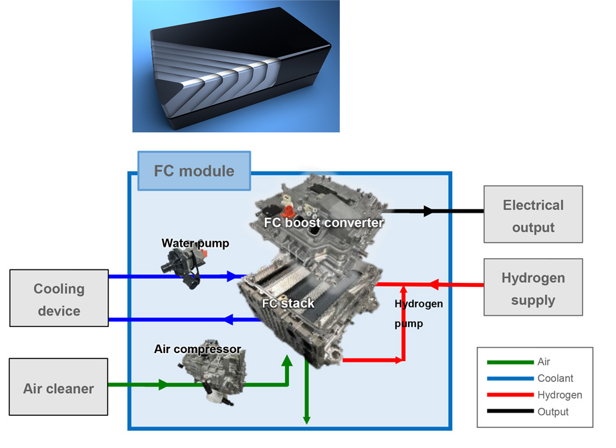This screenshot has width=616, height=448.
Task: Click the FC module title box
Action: pos(194,171)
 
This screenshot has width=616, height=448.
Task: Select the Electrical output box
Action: pos(533,215)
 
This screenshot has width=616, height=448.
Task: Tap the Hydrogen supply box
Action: pos(533,288)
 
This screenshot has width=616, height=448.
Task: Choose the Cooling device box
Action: pos(59,299)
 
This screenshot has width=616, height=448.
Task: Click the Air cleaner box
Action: pos(59,388)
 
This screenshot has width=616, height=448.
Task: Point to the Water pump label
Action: pos(195,243)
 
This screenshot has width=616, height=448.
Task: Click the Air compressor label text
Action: pos(197,349)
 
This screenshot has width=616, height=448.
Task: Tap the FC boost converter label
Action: pos(324,222)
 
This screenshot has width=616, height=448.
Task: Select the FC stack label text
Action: pos(288,303)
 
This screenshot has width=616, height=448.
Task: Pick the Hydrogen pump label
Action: pos(418,314)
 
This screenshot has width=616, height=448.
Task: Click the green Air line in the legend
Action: pos(510,362)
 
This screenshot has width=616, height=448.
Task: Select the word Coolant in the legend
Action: pos(555,378)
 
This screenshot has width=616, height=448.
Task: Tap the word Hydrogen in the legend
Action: pos(559,395)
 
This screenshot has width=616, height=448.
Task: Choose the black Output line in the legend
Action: pos(510,412)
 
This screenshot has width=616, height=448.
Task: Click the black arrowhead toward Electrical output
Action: pos(428,211)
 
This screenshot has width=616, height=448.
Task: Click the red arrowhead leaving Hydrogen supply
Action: pos(433,285)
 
